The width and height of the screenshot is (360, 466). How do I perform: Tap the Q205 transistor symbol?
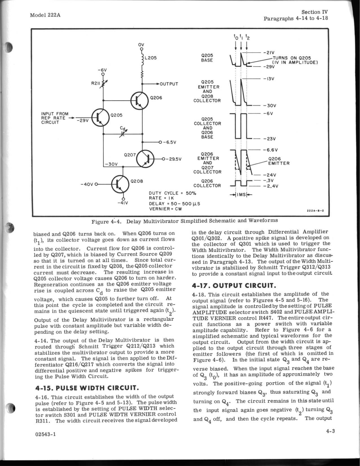pyautogui.click(x=100, y=117)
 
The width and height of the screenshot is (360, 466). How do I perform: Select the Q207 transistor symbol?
pyautogui.click(x=146, y=159)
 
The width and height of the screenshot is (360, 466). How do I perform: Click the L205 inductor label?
pyautogui.click(x=150, y=58)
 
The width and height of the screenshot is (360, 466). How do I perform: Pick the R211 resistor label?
pyautogui.click(x=95, y=83)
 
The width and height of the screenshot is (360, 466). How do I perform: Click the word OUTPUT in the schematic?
pyautogui.click(x=169, y=84)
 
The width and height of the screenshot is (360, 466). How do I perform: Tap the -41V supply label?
pyautogui.click(x=123, y=204)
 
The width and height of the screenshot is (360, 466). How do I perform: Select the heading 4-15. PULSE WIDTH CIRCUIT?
pyautogui.click(x=86, y=387)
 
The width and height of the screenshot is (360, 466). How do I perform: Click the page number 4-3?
pyautogui.click(x=330, y=431)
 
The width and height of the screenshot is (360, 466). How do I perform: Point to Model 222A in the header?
pyautogui.click(x=45, y=15)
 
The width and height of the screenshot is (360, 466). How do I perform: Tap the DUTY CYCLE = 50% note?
pyautogui.click(x=173, y=193)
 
